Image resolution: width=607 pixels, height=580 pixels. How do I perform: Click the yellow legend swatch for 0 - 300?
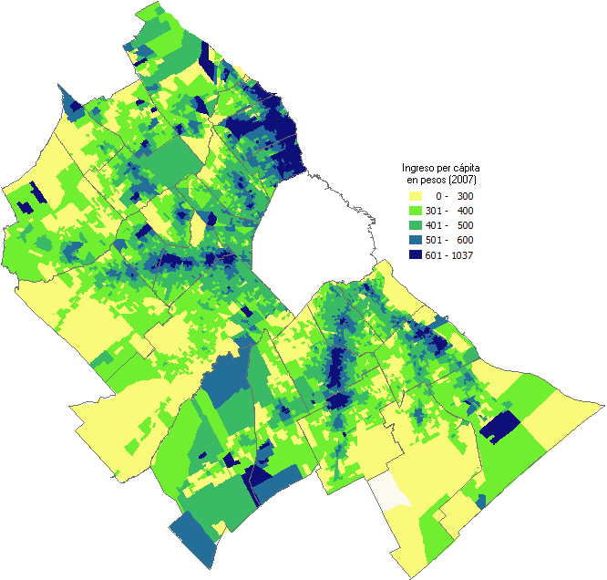pos(416,196)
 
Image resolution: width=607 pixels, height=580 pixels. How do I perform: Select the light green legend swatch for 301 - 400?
pos(416,211)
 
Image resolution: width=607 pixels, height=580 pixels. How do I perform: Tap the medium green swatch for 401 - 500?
pos(416,225)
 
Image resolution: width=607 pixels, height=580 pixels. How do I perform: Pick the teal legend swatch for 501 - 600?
pos(416,240)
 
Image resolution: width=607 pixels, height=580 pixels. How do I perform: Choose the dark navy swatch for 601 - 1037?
pos(416,254)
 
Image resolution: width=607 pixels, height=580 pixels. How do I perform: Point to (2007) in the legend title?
pos(476,181)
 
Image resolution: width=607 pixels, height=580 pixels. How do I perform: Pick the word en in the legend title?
pos(424,181)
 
